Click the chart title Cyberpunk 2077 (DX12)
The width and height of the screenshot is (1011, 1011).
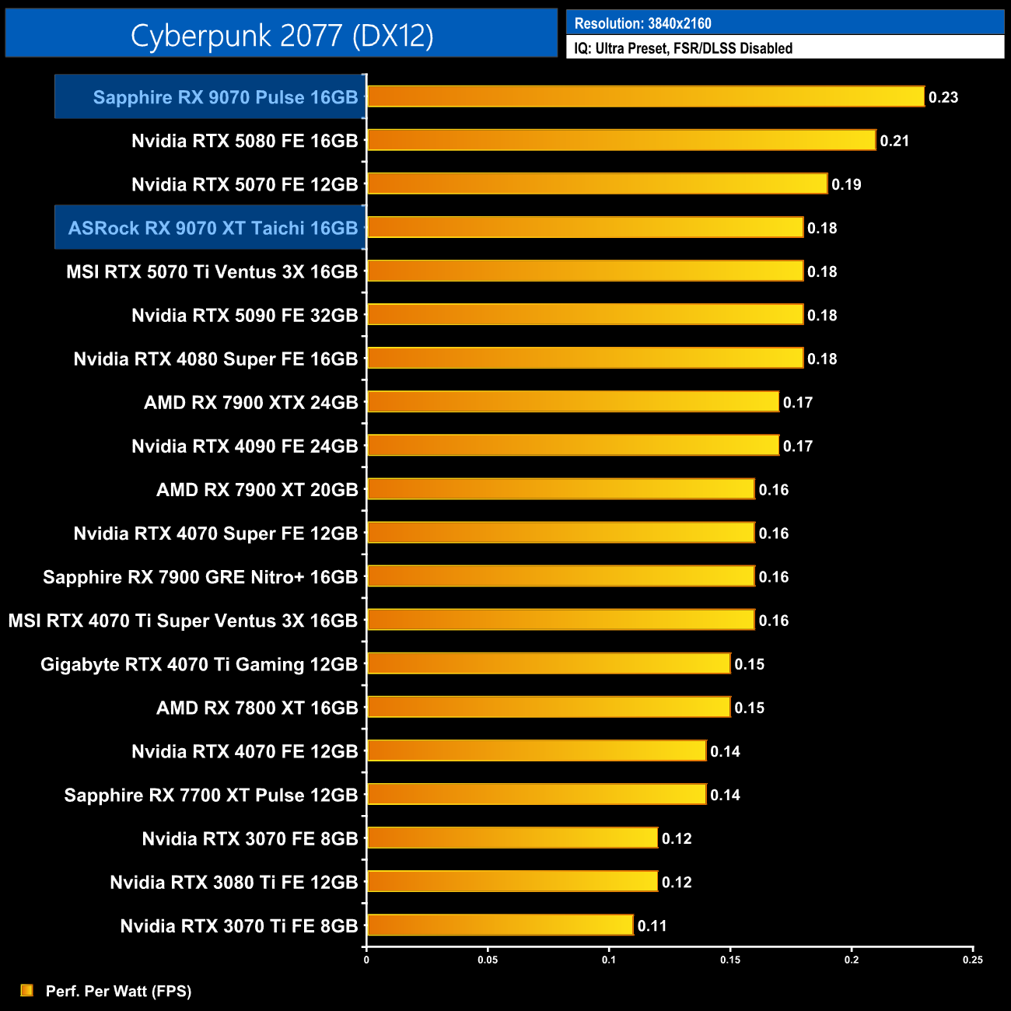click(282, 35)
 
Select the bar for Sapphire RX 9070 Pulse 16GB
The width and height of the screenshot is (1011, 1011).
click(645, 96)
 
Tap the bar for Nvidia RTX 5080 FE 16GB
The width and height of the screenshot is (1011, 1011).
click(621, 140)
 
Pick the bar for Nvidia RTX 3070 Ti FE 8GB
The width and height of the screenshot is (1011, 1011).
click(500, 925)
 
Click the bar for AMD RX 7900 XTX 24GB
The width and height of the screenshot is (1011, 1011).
click(572, 402)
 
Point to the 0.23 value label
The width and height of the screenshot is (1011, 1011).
click(943, 97)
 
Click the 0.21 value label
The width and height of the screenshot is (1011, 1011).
click(894, 141)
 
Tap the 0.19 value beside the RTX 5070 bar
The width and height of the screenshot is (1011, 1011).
click(846, 184)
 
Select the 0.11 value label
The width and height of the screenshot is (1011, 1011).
click(652, 925)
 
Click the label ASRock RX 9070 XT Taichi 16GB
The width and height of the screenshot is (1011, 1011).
click(212, 228)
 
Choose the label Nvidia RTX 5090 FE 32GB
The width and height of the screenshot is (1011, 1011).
click(244, 315)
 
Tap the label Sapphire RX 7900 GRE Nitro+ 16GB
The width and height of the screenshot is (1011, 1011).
click(200, 577)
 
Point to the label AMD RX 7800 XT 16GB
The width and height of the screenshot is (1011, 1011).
click(257, 708)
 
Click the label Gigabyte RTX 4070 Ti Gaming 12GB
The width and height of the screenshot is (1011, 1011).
click(198, 664)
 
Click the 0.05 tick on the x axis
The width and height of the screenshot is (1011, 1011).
click(488, 960)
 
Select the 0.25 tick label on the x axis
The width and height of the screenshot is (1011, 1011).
click(972, 960)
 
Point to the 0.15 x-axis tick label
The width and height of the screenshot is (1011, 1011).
click(730, 960)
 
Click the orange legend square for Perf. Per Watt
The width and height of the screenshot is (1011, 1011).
click(26, 990)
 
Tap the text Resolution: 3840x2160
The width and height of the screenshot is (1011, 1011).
click(642, 23)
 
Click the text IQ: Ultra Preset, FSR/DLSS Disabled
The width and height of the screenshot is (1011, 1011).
click(683, 48)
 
